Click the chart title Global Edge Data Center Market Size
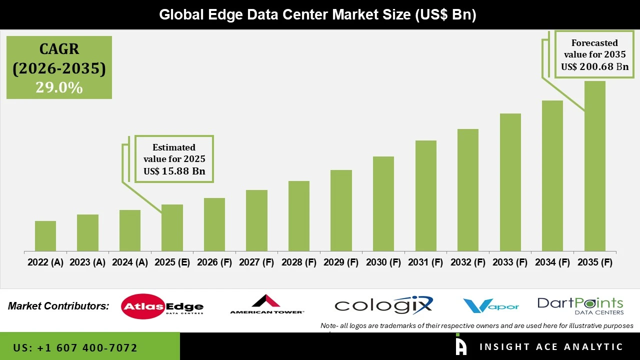click(x=317, y=14)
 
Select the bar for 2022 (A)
click(x=45, y=236)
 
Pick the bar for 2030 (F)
click(x=383, y=203)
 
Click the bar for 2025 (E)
click(x=172, y=227)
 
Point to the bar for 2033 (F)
click(x=510, y=182)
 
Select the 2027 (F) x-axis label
click(x=256, y=262)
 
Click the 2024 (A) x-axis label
click(x=130, y=262)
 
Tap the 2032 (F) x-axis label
click(x=468, y=262)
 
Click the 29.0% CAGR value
click(x=59, y=87)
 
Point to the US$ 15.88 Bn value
click(x=174, y=171)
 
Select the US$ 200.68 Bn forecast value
click(x=594, y=66)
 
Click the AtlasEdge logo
click(x=162, y=306)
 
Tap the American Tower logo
click(x=266, y=304)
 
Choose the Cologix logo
click(x=383, y=305)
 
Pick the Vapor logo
click(x=490, y=305)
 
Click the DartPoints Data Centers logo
click(x=580, y=305)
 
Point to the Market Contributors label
click(x=58, y=306)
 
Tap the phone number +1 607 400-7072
click(x=75, y=347)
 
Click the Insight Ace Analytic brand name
click(x=551, y=347)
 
